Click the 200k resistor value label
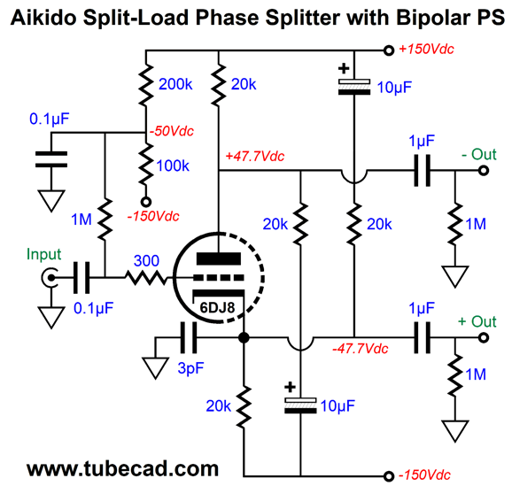click(175, 84)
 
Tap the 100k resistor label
click(173, 166)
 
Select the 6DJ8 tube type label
click(217, 307)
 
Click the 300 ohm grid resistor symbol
click(146, 278)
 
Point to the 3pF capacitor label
click(190, 368)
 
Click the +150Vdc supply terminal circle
click(389, 50)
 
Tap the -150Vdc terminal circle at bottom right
click(389, 476)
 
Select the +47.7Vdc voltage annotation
click(255, 157)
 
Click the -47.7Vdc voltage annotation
click(361, 349)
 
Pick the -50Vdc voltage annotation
click(172, 131)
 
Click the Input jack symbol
click(50, 278)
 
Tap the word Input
click(43, 254)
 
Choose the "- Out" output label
click(479, 154)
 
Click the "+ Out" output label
click(477, 321)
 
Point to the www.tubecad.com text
click(122, 468)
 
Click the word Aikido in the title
click(43, 18)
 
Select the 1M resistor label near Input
click(81, 220)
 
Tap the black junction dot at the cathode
click(244, 337)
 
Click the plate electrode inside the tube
click(219, 258)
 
